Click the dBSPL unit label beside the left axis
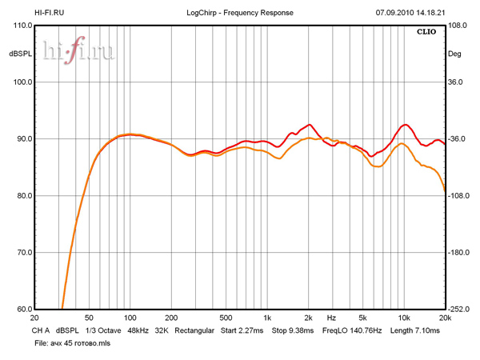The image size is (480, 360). [20, 54]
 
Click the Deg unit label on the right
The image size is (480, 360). [454, 54]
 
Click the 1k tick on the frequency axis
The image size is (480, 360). [267, 318]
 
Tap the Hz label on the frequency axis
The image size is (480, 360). [331, 318]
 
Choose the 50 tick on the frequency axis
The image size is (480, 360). [89, 318]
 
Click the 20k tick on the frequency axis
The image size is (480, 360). [445, 318]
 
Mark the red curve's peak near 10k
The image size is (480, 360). [406, 125]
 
